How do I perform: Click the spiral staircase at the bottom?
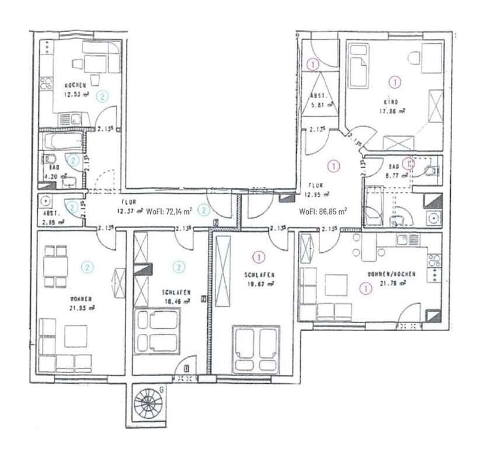146,402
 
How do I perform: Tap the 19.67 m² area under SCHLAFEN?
260,284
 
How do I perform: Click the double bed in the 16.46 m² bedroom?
158,330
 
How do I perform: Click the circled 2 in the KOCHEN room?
103,94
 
